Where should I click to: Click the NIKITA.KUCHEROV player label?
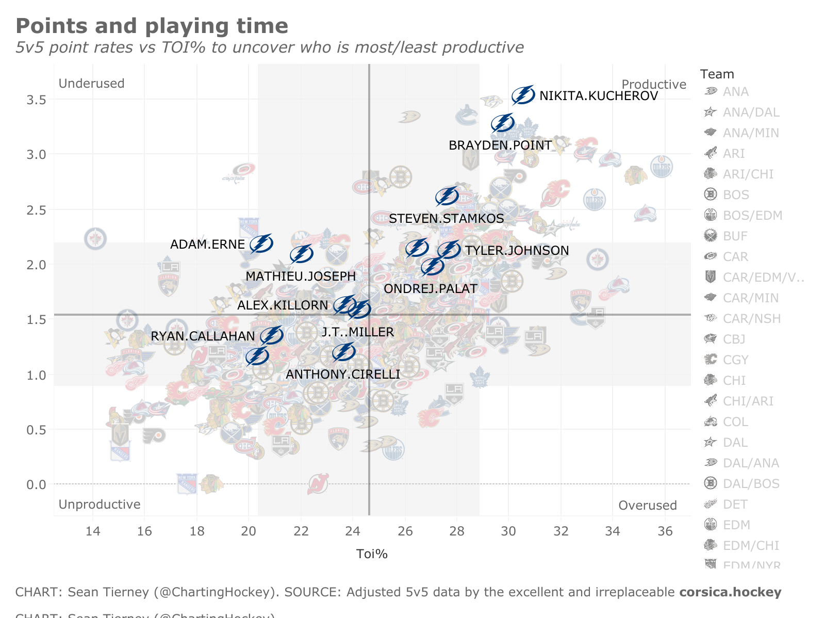[598, 96]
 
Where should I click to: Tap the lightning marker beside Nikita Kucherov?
[523, 95]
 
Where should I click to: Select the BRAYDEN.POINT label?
[500, 145]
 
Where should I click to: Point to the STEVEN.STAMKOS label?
[446, 219]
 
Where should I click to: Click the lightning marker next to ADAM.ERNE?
[261, 243]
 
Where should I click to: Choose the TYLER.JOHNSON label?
[517, 251]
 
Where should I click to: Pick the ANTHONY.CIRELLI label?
[343, 375]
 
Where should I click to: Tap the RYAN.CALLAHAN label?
[203, 336]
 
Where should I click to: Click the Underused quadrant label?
[91, 84]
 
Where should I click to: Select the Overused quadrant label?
[647, 506]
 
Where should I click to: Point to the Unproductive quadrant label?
[99, 505]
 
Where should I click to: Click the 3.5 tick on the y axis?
[36, 100]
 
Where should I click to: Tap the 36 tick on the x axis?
[665, 531]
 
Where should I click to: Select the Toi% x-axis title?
[372, 554]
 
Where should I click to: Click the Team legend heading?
[717, 74]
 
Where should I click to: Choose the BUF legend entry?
[735, 236]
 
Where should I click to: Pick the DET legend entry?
[735, 505]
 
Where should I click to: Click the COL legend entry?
[735, 422]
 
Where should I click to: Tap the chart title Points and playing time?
[152, 26]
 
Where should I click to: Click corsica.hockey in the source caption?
[730, 592]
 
